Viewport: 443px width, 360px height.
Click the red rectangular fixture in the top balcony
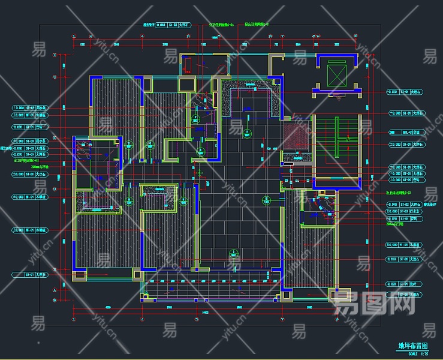tap(188, 64)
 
